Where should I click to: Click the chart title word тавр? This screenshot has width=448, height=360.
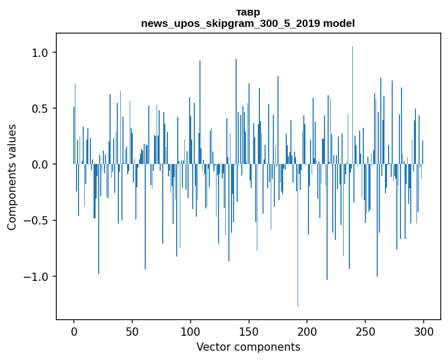pos(248,12)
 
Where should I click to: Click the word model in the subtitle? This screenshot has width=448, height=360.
pos(339,23)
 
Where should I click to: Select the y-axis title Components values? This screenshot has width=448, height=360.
pos(12,177)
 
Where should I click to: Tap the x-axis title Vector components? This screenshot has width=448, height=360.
pos(248,347)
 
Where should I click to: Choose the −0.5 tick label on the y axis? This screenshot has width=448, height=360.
pos(37,220)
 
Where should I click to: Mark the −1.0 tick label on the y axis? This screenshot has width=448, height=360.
pos(37,276)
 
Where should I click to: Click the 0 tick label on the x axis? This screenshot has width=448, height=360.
pos(74,331)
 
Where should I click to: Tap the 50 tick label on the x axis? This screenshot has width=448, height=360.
pos(132,331)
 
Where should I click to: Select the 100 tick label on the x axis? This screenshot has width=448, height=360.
pos(191,331)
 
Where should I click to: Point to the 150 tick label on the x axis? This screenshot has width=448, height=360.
pos(249,331)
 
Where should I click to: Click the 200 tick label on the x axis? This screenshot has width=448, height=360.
pos(307,331)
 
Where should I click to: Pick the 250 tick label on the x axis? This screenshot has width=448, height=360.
pos(366,331)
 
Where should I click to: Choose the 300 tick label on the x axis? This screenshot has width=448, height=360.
pos(424,331)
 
